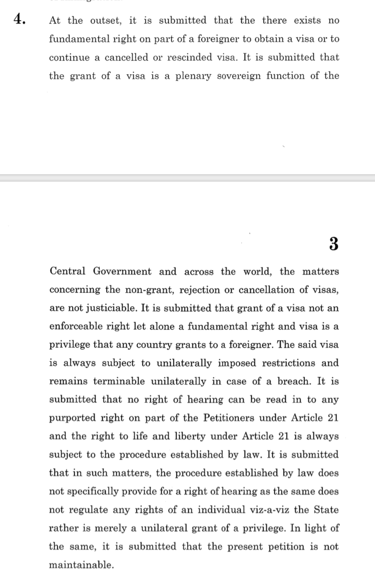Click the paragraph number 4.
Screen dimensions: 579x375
[x=19, y=19]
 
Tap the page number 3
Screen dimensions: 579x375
[x=333, y=244]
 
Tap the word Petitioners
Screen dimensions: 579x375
[x=229, y=418]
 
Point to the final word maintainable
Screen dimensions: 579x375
[x=81, y=565]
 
